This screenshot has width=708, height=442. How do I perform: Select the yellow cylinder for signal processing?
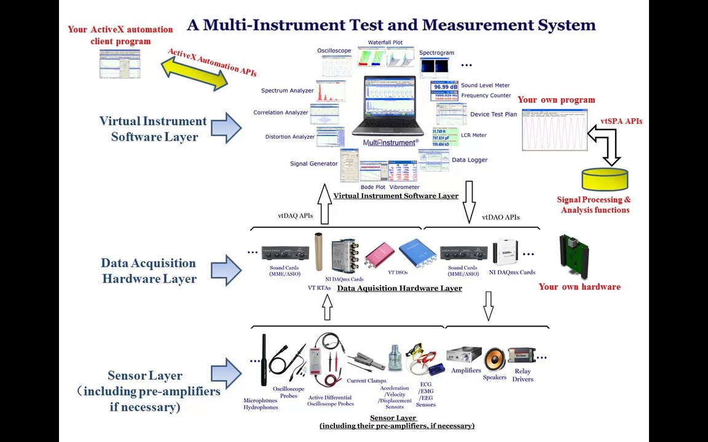tap(605, 180)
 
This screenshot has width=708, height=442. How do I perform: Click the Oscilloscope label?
tap(334, 51)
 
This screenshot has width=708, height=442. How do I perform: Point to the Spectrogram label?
tap(436, 53)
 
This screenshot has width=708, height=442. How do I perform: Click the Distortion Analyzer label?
tap(289, 137)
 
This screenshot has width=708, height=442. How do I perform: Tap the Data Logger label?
tap(469, 160)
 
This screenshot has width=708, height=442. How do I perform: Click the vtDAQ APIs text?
tap(295, 216)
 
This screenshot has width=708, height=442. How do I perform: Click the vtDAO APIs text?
tap(500, 217)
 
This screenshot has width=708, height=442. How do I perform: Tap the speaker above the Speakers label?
tap(494, 360)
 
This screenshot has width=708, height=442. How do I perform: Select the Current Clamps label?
tap(366, 381)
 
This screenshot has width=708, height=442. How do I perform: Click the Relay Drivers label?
tap(522, 375)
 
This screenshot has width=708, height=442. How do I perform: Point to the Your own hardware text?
tap(579, 287)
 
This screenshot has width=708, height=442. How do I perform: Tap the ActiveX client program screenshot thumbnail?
tap(120, 64)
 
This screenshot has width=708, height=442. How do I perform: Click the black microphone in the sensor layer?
tap(264, 360)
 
